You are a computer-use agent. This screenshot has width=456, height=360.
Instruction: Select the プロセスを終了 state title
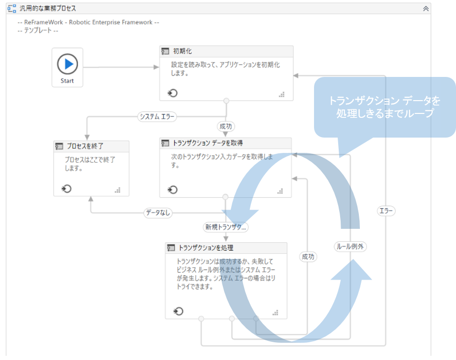(x=85, y=146)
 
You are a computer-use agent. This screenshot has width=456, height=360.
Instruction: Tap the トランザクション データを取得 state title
(x=207, y=143)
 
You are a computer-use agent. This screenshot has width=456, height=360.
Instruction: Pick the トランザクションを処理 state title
(x=206, y=248)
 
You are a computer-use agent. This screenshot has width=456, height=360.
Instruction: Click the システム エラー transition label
(x=157, y=117)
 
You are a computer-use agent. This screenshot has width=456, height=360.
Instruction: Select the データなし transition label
(x=158, y=213)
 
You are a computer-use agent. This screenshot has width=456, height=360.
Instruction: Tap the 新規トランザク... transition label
(x=226, y=227)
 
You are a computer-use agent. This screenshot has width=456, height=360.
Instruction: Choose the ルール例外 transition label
(x=351, y=247)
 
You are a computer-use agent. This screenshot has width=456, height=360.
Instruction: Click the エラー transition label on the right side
(x=386, y=211)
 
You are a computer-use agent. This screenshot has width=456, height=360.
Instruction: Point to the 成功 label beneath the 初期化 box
(x=225, y=126)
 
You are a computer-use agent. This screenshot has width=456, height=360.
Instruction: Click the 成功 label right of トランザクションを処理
(x=308, y=256)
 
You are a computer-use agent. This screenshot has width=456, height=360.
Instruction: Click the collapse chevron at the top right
(x=426, y=9)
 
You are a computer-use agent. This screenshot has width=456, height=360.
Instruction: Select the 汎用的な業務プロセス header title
(x=48, y=9)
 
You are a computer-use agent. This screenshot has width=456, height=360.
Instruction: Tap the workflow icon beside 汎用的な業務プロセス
(x=11, y=9)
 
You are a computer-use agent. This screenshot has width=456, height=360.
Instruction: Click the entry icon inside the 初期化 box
(x=173, y=93)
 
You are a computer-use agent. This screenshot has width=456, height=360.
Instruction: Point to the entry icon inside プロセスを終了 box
(x=67, y=188)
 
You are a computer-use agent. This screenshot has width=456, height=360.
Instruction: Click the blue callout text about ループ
(x=385, y=107)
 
